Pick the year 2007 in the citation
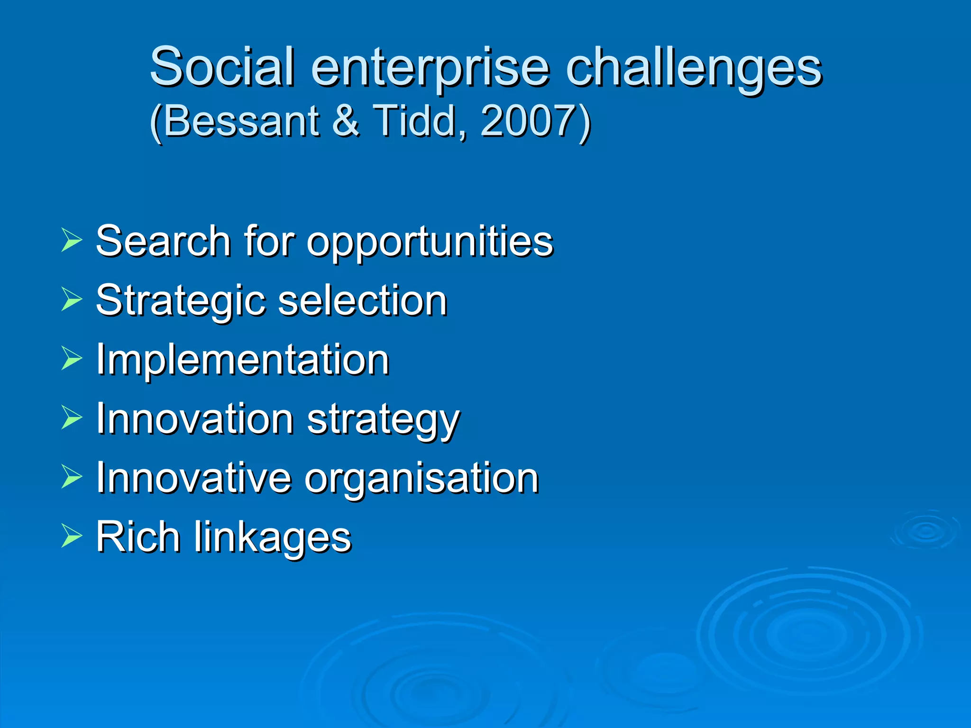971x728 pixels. point(528,121)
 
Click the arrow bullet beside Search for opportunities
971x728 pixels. point(72,240)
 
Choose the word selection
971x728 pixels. point(362,300)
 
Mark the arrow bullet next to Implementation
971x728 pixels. point(72,358)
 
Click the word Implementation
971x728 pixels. point(243,360)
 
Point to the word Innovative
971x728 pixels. point(193,478)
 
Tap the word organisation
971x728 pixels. point(421,480)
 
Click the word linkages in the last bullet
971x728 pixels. point(273,538)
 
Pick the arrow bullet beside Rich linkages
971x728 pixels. point(72,537)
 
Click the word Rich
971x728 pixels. point(138,537)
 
